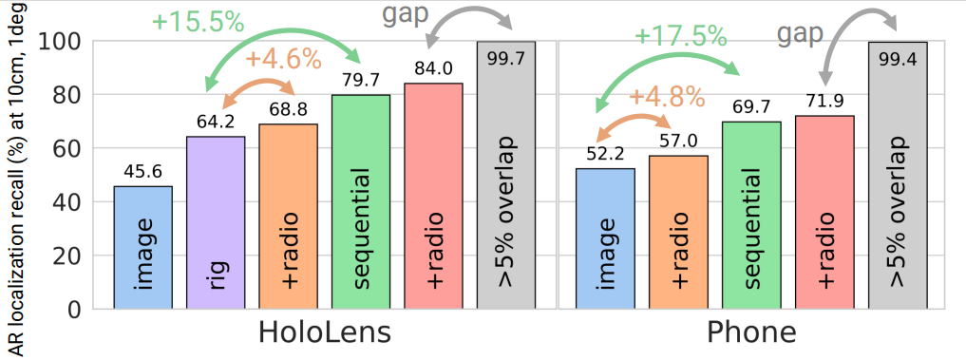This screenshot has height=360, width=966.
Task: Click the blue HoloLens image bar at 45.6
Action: pyautogui.click(x=142, y=248)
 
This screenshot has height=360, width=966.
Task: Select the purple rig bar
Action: pyautogui.click(x=216, y=223)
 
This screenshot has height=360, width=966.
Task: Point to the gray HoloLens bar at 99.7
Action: pyautogui.click(x=506, y=176)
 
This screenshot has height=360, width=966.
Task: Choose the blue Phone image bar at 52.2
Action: pyautogui.click(x=606, y=239)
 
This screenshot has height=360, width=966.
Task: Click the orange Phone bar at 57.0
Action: pyautogui.click(x=678, y=233)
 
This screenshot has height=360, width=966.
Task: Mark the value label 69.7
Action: pyautogui.click(x=750, y=111)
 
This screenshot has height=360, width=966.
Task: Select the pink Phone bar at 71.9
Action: pyautogui.click(x=824, y=213)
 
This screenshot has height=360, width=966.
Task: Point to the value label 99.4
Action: pyautogui.click(x=897, y=30)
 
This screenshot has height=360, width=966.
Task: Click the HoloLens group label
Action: pyautogui.click(x=325, y=334)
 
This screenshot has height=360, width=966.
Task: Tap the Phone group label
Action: pyautogui.click(x=751, y=334)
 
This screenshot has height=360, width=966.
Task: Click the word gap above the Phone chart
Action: pyautogui.click(x=800, y=35)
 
